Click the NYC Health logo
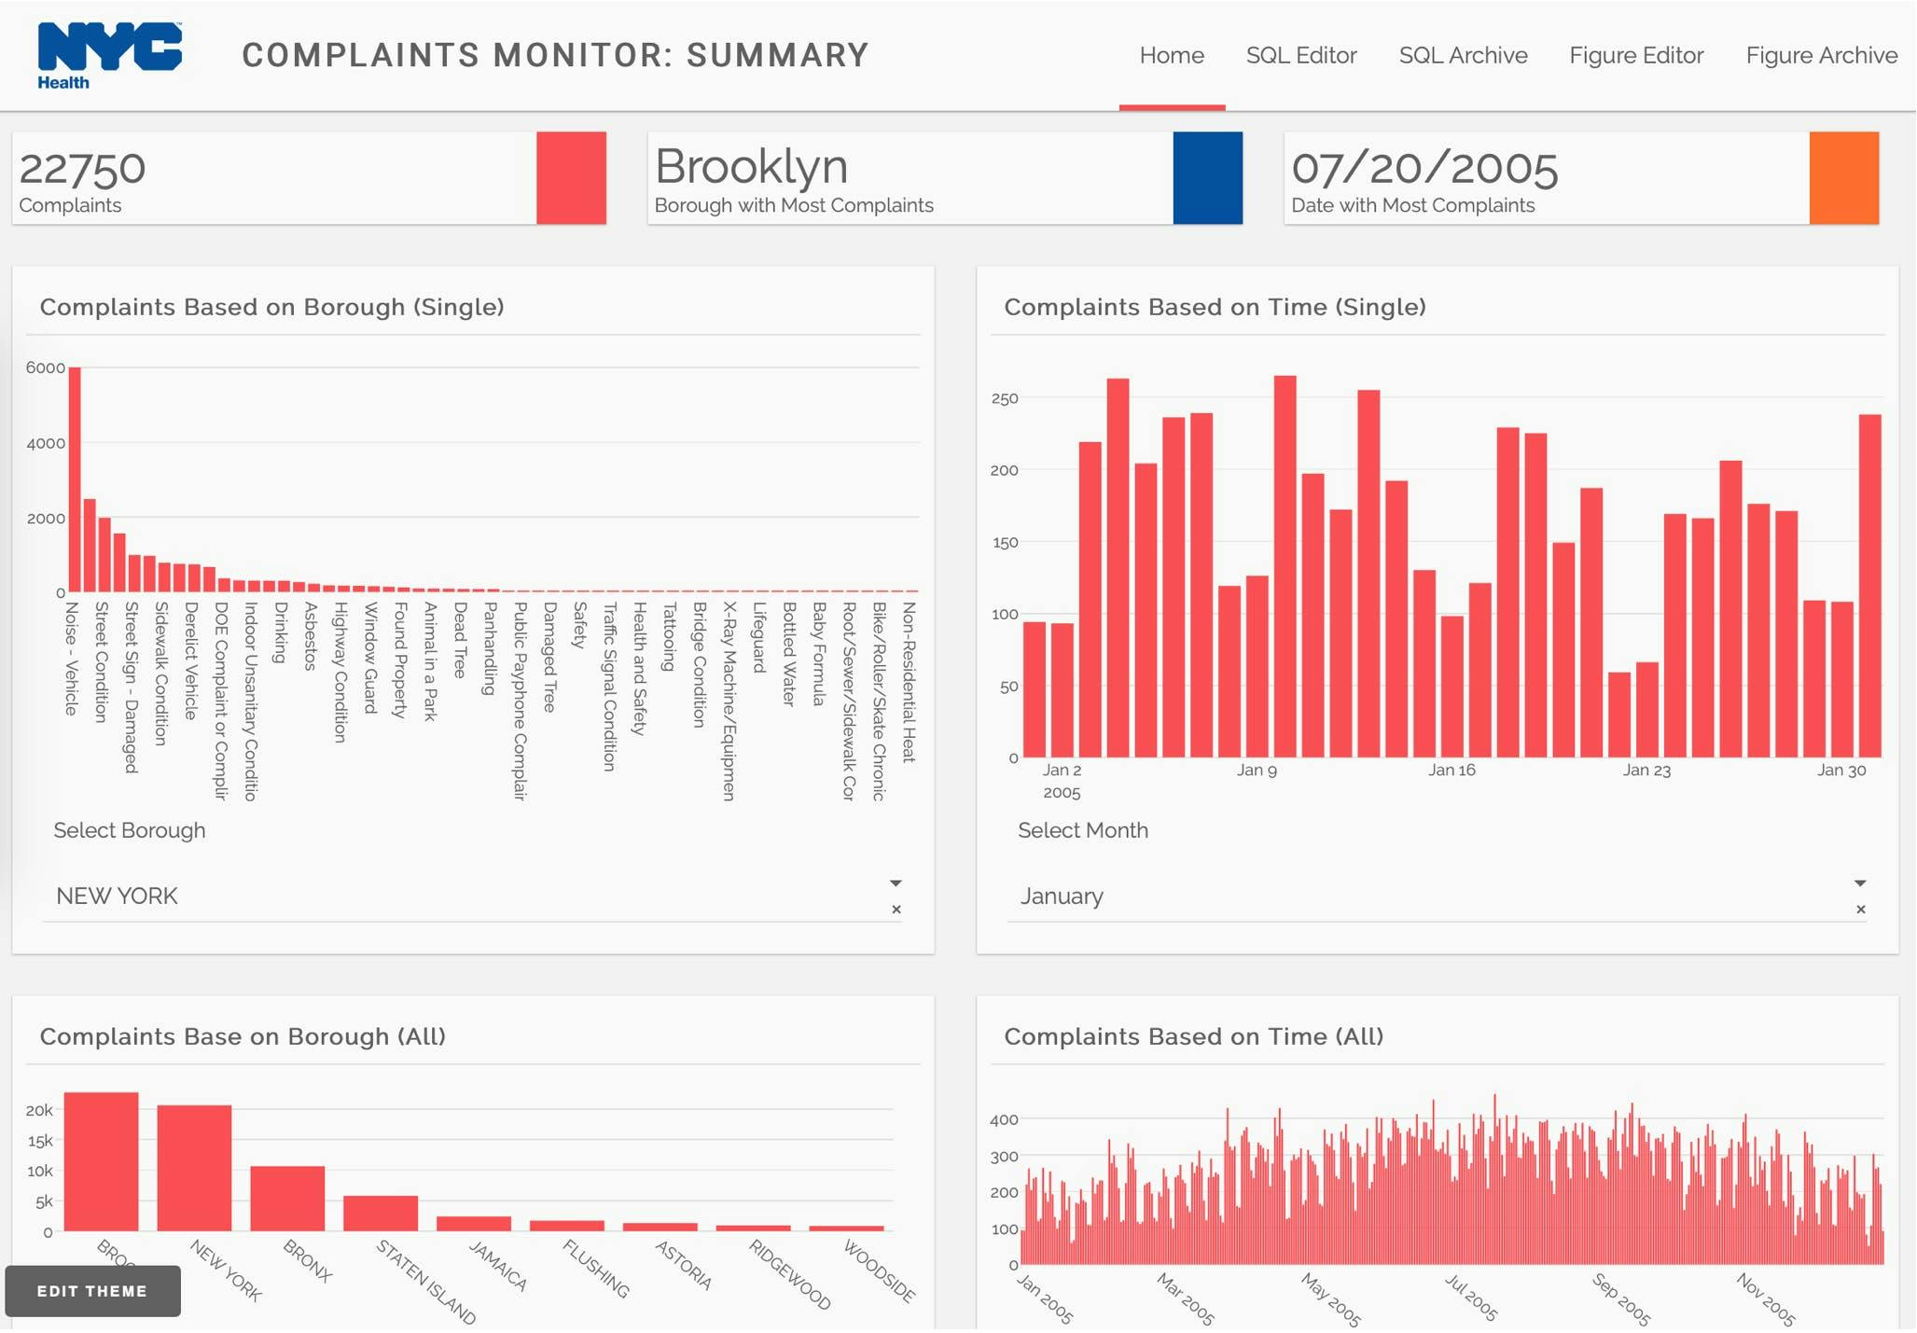pyautogui.click(x=109, y=55)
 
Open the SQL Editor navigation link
pyautogui.click(x=1301, y=55)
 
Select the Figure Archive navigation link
pyautogui.click(x=1821, y=55)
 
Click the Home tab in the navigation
pyautogui.click(x=1172, y=55)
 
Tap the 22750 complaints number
pyautogui.click(x=82, y=169)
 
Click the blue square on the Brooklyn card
pyautogui.click(x=1207, y=177)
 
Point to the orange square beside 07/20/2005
pyautogui.click(x=1843, y=177)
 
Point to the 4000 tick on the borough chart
pyautogui.click(x=46, y=443)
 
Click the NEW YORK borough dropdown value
pyautogui.click(x=117, y=896)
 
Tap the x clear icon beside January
pyautogui.click(x=1860, y=909)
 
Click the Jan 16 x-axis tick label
pyautogui.click(x=1452, y=771)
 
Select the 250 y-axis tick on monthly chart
pyautogui.click(x=1005, y=399)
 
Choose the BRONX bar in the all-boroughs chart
pyautogui.click(x=287, y=1198)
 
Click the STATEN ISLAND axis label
pyautogui.click(x=426, y=1283)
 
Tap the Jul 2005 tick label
pyautogui.click(x=1471, y=1298)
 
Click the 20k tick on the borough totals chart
pyautogui.click(x=39, y=1110)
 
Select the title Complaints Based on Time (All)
pyautogui.click(x=1193, y=1036)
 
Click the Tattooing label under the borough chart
pyautogui.click(x=669, y=637)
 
